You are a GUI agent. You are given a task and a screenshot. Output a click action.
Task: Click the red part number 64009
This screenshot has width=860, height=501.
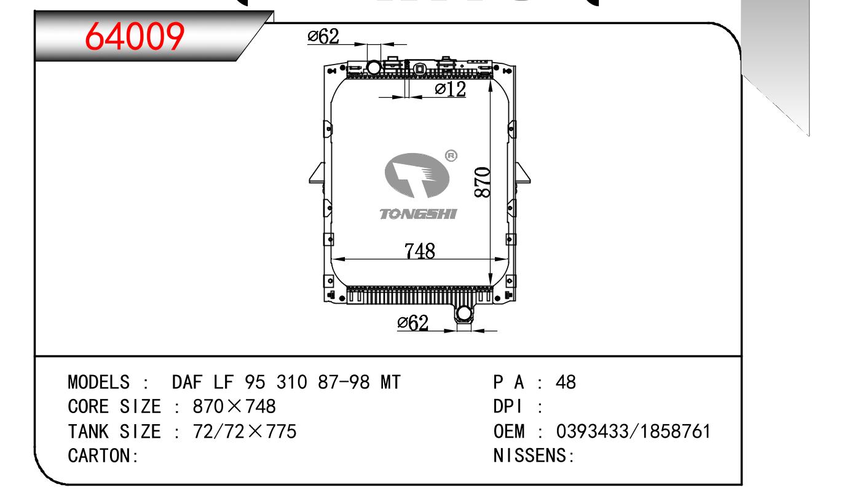click(135, 36)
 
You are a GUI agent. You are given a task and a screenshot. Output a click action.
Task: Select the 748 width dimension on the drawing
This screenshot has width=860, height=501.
click(420, 251)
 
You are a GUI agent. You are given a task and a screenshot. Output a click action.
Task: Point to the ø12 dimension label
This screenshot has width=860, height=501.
click(451, 89)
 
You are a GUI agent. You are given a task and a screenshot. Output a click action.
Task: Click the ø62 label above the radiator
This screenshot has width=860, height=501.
click(323, 36)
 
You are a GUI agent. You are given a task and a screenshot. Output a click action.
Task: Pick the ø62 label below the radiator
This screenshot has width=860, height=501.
click(412, 323)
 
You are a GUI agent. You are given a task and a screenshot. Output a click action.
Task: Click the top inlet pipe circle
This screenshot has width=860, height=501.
click(374, 68)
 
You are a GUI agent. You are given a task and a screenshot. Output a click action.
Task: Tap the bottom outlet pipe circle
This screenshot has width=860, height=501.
click(464, 314)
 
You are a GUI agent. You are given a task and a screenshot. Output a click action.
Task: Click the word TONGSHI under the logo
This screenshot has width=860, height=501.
click(418, 214)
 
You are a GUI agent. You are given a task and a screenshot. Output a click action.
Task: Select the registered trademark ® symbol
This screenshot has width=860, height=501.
click(451, 156)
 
